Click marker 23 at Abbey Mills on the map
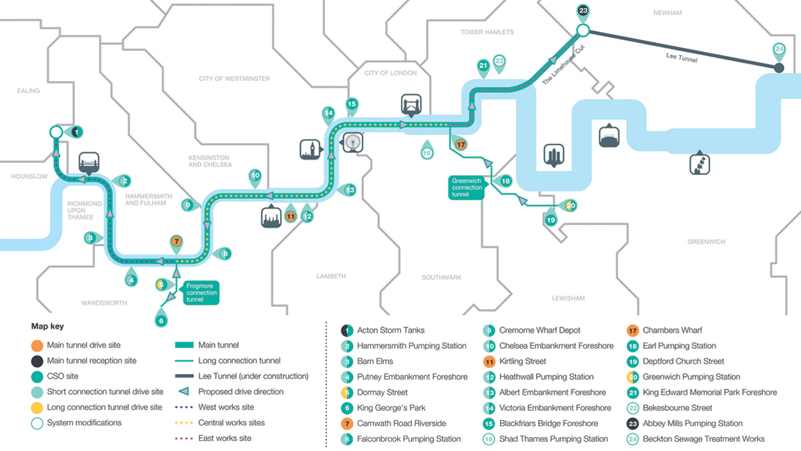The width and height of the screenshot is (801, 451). pos(583,11)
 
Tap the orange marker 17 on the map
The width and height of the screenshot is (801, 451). pos(460,144)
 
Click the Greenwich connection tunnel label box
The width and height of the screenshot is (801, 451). pos(467,187)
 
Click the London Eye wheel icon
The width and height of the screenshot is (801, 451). pos(352,142)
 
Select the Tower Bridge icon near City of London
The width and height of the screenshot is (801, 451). pos(411,106)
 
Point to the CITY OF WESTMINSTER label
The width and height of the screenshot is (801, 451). pos(234,79)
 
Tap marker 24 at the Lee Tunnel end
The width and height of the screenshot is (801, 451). pos(778,49)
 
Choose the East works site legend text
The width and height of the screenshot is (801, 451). pos(224,438)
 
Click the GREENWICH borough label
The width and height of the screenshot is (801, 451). pos(706,242)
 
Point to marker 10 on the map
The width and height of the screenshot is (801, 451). pos(255,177)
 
